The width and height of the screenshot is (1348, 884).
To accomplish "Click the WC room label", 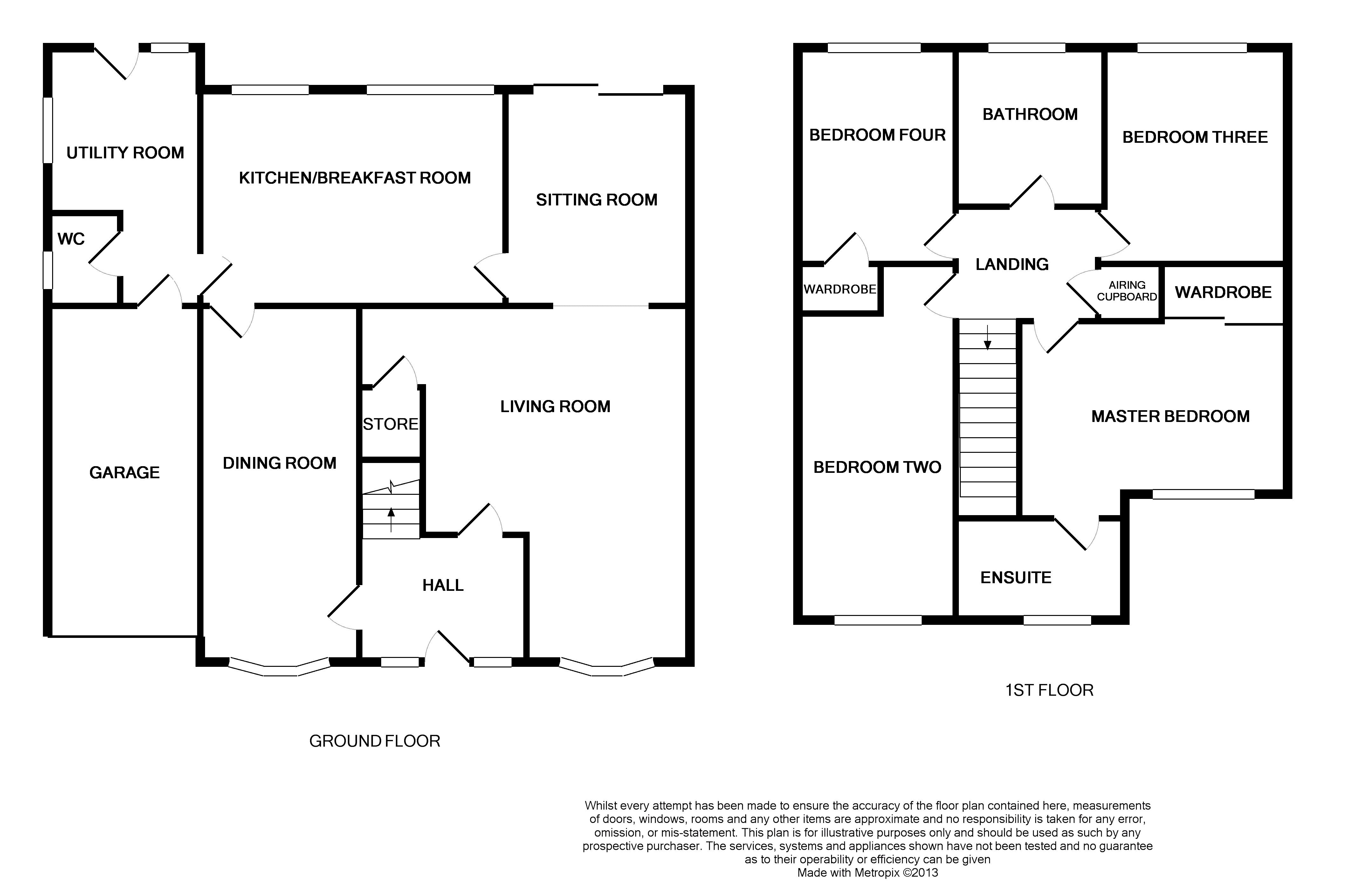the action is click(71, 239).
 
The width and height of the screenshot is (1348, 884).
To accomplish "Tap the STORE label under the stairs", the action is click(390, 424).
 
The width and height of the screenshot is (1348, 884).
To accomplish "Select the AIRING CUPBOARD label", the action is click(1126, 291).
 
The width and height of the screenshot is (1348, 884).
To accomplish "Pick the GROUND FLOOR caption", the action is click(375, 741).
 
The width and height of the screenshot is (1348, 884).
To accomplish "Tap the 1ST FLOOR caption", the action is click(1049, 690).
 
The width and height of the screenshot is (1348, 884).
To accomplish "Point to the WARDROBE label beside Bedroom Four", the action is click(840, 290).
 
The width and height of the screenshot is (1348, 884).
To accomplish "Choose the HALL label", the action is click(443, 585).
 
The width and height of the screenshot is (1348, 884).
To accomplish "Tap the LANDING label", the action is click(1012, 264).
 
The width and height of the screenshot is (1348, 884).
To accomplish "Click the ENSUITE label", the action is click(1016, 577).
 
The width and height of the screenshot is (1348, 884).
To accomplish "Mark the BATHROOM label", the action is click(1030, 114).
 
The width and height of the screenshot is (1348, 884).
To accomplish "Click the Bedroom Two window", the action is click(878, 620).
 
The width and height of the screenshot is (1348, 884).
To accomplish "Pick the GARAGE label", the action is click(125, 473).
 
